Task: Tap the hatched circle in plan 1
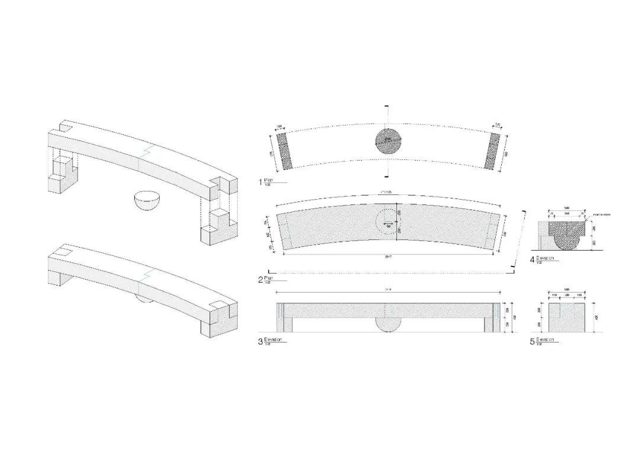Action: coord(388,142)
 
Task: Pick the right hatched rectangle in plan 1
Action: coord(492,150)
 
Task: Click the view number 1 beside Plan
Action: coord(260,181)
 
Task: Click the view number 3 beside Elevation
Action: coord(260,342)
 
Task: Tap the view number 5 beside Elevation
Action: coord(532,342)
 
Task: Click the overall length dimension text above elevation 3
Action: coord(388,290)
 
